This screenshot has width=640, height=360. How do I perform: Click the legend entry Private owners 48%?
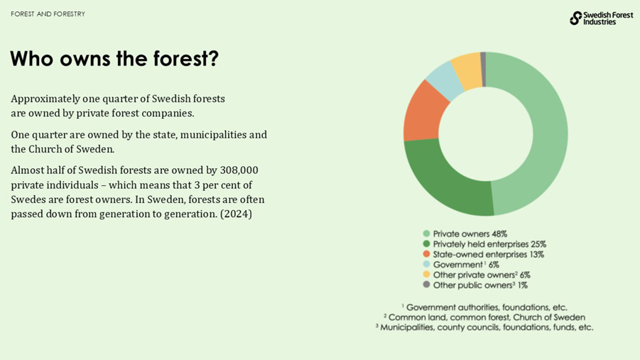click(x=470, y=234)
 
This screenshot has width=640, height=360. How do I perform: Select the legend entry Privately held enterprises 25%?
click(x=489, y=244)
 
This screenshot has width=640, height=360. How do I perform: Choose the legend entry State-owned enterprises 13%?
click(x=488, y=254)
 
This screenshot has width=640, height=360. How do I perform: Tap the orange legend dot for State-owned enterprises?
click(x=426, y=254)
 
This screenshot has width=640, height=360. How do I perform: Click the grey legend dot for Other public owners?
click(x=426, y=285)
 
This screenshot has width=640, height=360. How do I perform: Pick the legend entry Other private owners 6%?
click(x=481, y=275)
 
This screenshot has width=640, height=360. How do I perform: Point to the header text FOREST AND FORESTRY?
click(x=48, y=14)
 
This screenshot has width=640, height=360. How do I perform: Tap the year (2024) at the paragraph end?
click(x=236, y=214)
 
